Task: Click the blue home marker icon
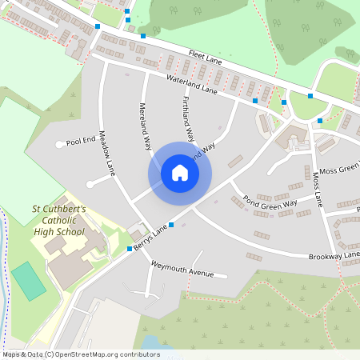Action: [x=180, y=173]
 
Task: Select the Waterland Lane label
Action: [x=192, y=85]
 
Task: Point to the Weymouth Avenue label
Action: [x=182, y=268]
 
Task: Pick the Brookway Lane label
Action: [x=334, y=256]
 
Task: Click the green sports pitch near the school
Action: [x=28, y=281]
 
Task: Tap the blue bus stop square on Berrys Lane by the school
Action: [x=130, y=250]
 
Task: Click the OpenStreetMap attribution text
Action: [x=80, y=354]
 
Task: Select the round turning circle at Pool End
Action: [x=59, y=145]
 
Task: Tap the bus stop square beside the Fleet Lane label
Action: [x=143, y=36]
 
